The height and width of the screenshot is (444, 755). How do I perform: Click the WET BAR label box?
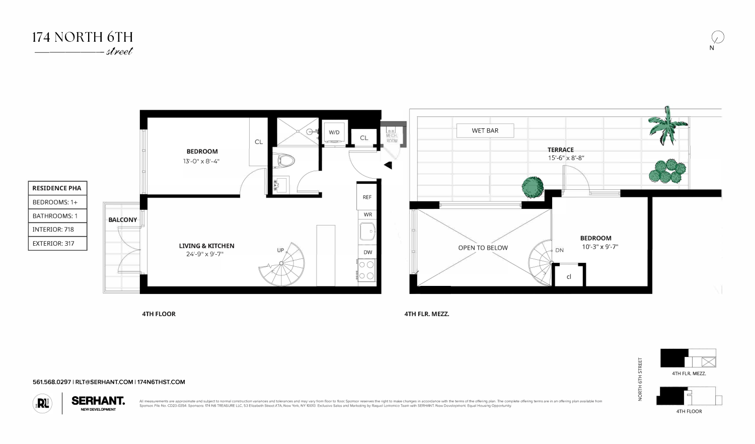coord(485,131)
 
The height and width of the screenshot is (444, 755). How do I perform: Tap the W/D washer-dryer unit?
coord(334,132)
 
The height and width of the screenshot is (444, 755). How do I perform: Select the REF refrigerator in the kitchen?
coord(367,197)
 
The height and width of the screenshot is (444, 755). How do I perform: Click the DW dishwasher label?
coord(368,252)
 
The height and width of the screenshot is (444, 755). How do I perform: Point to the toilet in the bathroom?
coord(285,161)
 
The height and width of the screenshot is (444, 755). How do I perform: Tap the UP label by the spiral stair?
coord(280,250)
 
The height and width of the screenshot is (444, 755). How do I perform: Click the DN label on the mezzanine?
coord(559,250)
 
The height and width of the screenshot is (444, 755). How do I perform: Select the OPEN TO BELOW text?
coord(483,248)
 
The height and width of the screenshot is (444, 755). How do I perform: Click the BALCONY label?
coord(122,220)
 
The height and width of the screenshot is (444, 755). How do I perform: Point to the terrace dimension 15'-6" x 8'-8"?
coord(566,158)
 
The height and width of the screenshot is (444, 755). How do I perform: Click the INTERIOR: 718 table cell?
coord(57,230)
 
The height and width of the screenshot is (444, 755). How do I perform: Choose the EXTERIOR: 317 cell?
coord(57,244)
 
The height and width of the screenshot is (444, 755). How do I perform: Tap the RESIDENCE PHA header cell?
coord(57,188)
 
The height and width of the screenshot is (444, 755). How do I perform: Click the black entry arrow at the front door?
coord(388,165)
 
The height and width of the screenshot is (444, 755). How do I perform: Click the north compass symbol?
coord(717,37)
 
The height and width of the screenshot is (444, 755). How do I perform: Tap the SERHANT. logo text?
coord(98,401)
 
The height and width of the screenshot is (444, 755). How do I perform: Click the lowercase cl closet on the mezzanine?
coord(569,276)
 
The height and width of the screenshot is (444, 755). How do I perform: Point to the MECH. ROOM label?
coord(392,138)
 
